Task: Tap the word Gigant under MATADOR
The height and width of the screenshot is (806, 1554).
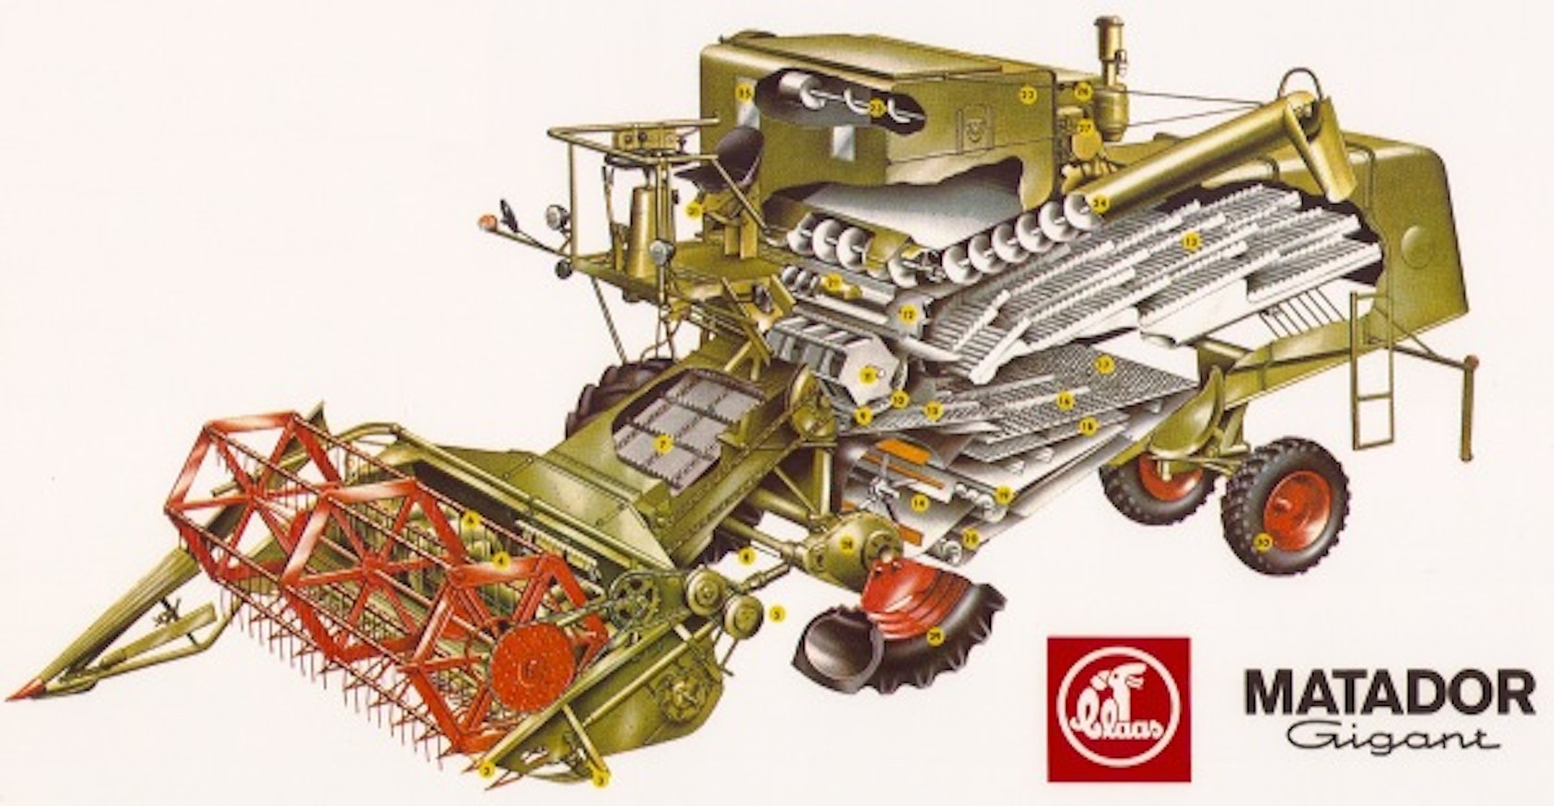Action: (1389, 739)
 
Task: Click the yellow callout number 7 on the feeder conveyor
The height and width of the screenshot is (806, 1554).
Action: (661, 445)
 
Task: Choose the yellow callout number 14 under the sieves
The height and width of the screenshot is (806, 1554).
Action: (920, 504)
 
